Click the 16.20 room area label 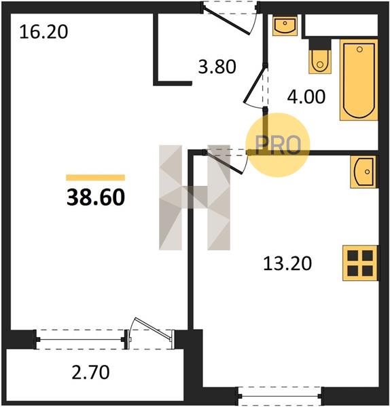[x=43, y=32]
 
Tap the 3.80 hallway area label [x=217, y=66]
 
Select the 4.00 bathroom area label [x=306, y=96]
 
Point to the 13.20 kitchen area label [x=287, y=263]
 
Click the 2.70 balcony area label [x=90, y=372]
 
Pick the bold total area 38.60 [x=96, y=197]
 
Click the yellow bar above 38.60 [x=95, y=178]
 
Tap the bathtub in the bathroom [x=359, y=80]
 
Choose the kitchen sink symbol [x=363, y=172]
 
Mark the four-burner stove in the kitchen [x=360, y=263]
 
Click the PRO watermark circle [x=278, y=145]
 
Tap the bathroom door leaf [x=255, y=85]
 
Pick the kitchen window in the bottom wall [x=280, y=396]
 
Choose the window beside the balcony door [x=80, y=339]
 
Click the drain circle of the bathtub [x=359, y=50]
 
